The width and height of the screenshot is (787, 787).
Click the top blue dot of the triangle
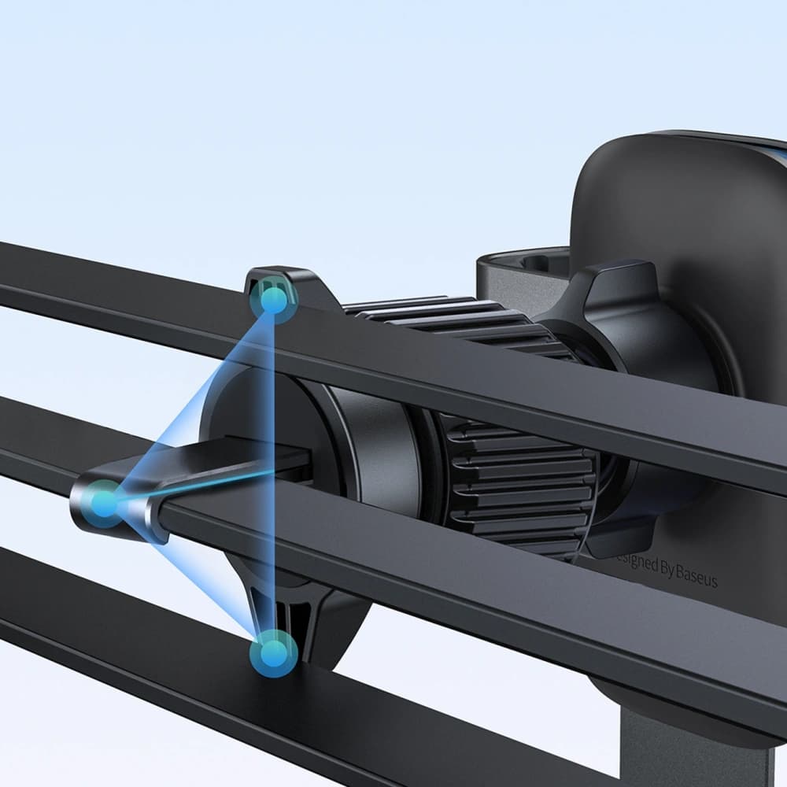pyautogui.click(x=273, y=300)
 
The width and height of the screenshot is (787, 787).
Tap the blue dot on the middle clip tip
pyautogui.click(x=104, y=501)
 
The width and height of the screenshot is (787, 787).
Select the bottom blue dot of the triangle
pyautogui.click(x=273, y=652)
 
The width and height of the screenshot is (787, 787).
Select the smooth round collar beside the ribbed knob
pyautogui.click(x=378, y=449)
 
